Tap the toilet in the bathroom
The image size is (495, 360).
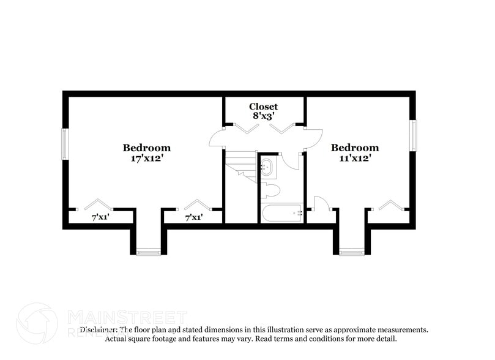coord(270,190)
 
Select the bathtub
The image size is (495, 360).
coord(281,213)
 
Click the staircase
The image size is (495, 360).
coord(240,165)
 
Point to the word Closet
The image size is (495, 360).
coord(263,107)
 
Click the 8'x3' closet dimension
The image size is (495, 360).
coord(263,116)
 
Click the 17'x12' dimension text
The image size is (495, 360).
coord(146,158)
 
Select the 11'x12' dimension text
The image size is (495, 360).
coord(354,158)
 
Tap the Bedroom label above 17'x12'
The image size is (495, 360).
coord(146,148)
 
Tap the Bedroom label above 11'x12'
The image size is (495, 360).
coord(354,148)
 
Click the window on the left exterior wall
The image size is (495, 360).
coord(65,144)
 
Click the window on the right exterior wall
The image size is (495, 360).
coord(414,135)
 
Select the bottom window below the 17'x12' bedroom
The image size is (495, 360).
coord(149,251)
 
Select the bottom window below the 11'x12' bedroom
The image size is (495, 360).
coord(351,251)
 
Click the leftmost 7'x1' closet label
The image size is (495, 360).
coord(100,217)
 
